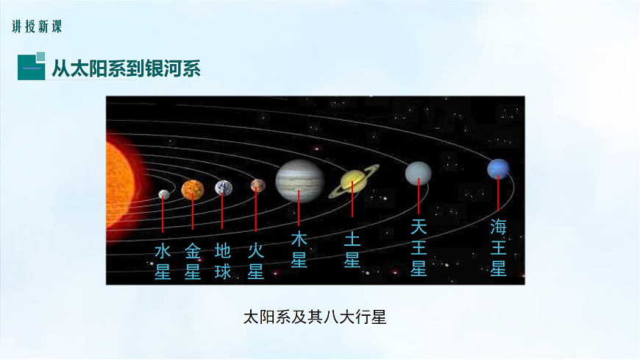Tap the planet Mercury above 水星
click(x=163, y=194)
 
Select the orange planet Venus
click(x=192, y=190)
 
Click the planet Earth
click(x=223, y=188)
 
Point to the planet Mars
click(x=257, y=185)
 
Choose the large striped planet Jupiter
click(x=299, y=180)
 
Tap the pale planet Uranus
click(x=418, y=173)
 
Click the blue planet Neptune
click(x=498, y=169)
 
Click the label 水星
click(x=163, y=261)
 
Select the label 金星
click(x=192, y=261)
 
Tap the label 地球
click(x=223, y=261)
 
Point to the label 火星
click(x=255, y=261)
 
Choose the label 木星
click(x=299, y=250)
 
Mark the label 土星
click(x=352, y=250)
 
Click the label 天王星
click(x=418, y=247)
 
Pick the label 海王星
click(x=498, y=247)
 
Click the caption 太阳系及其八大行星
click(x=314, y=318)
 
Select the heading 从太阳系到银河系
click(x=126, y=68)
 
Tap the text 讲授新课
click(x=37, y=27)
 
